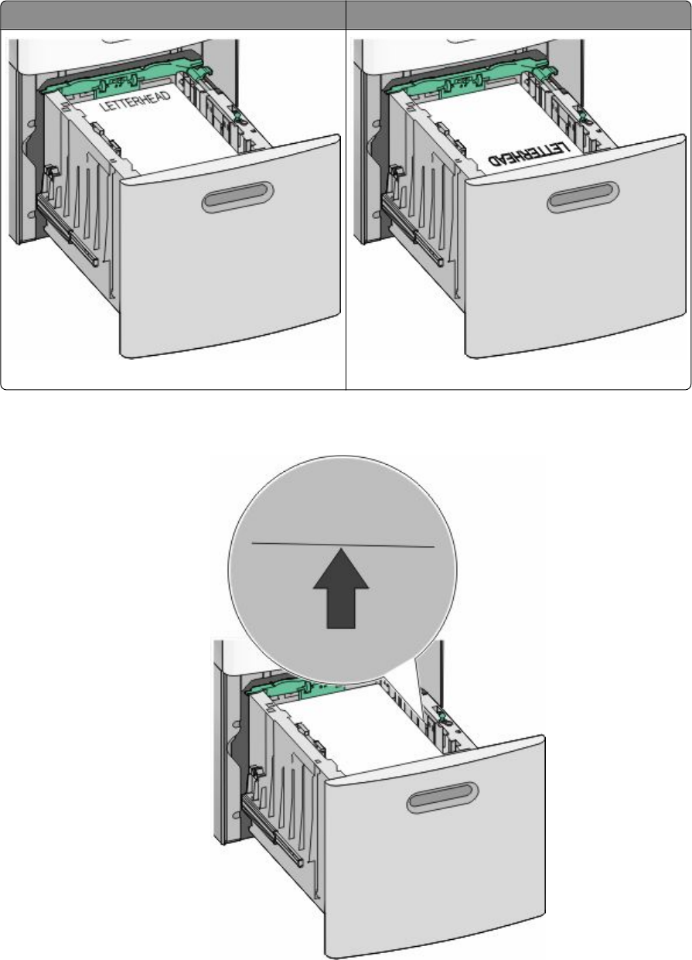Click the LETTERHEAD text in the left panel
(x=135, y=102)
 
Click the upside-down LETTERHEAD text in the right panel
(x=529, y=155)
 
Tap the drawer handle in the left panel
(x=237, y=196)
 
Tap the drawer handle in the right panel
(x=583, y=196)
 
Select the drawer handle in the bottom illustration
(x=442, y=797)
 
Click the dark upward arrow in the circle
(x=341, y=588)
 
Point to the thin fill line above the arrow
(x=343, y=545)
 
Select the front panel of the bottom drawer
(x=435, y=846)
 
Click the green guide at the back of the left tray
(x=124, y=77)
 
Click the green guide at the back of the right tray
(x=469, y=77)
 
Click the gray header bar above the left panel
(x=172, y=15)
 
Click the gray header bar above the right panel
(x=519, y=15)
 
